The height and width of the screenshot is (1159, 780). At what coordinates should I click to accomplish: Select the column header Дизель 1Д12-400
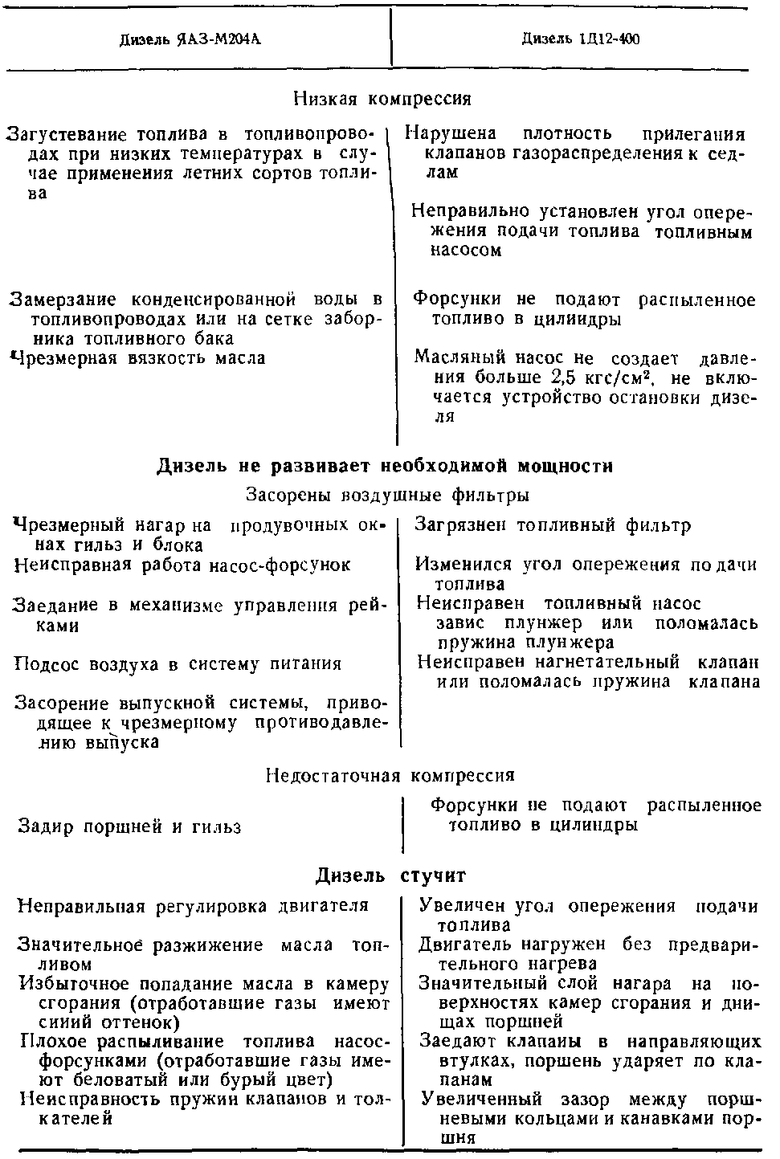click(x=581, y=39)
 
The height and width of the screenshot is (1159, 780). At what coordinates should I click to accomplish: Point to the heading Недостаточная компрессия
click(x=390, y=776)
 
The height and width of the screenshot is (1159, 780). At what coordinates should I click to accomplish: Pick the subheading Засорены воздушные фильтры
click(x=387, y=495)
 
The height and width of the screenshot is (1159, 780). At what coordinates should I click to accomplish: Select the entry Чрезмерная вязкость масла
click(x=137, y=358)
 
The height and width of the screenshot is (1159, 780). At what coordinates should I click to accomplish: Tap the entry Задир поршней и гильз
click(x=129, y=826)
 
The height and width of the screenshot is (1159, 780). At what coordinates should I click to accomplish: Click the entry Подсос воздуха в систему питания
click(x=178, y=664)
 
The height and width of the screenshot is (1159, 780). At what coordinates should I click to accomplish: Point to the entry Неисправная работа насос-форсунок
click(x=182, y=565)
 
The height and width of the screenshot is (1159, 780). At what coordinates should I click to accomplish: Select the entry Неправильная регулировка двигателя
click(x=193, y=906)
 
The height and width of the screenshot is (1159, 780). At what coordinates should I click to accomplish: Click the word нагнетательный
click(x=614, y=663)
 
